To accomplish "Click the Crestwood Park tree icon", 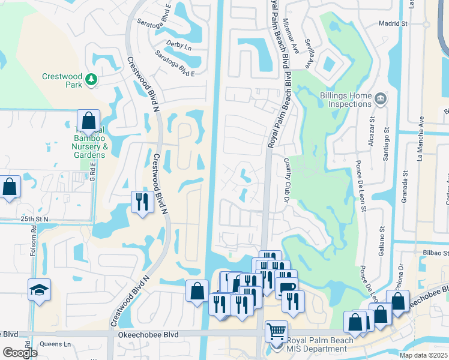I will click(x=91, y=79).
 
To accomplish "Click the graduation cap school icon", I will click(x=40, y=291).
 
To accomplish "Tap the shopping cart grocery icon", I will click(x=276, y=331).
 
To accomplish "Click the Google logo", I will click(x=20, y=353).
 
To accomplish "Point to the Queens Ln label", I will click(x=55, y=344).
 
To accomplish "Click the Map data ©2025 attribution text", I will click(x=423, y=355).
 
